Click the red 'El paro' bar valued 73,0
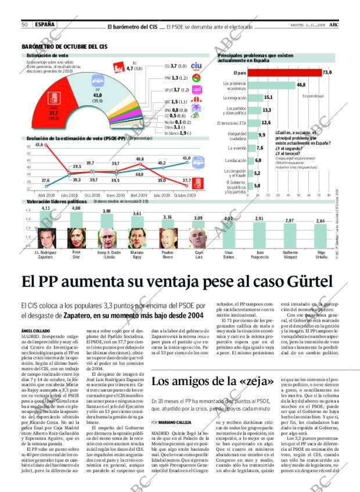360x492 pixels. click(284, 73)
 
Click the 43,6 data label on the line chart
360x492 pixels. click(39, 145)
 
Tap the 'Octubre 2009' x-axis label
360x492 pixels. click(185, 195)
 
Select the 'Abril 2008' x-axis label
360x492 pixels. click(46, 195)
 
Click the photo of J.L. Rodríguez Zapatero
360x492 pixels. click(45, 238)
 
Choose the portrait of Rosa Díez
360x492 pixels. click(76, 238)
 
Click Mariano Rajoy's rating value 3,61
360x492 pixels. click(137, 214)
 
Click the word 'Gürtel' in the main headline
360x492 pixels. click(307, 282)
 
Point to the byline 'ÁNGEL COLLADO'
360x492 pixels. click(34, 330)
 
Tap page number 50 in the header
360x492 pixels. click(25, 24)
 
